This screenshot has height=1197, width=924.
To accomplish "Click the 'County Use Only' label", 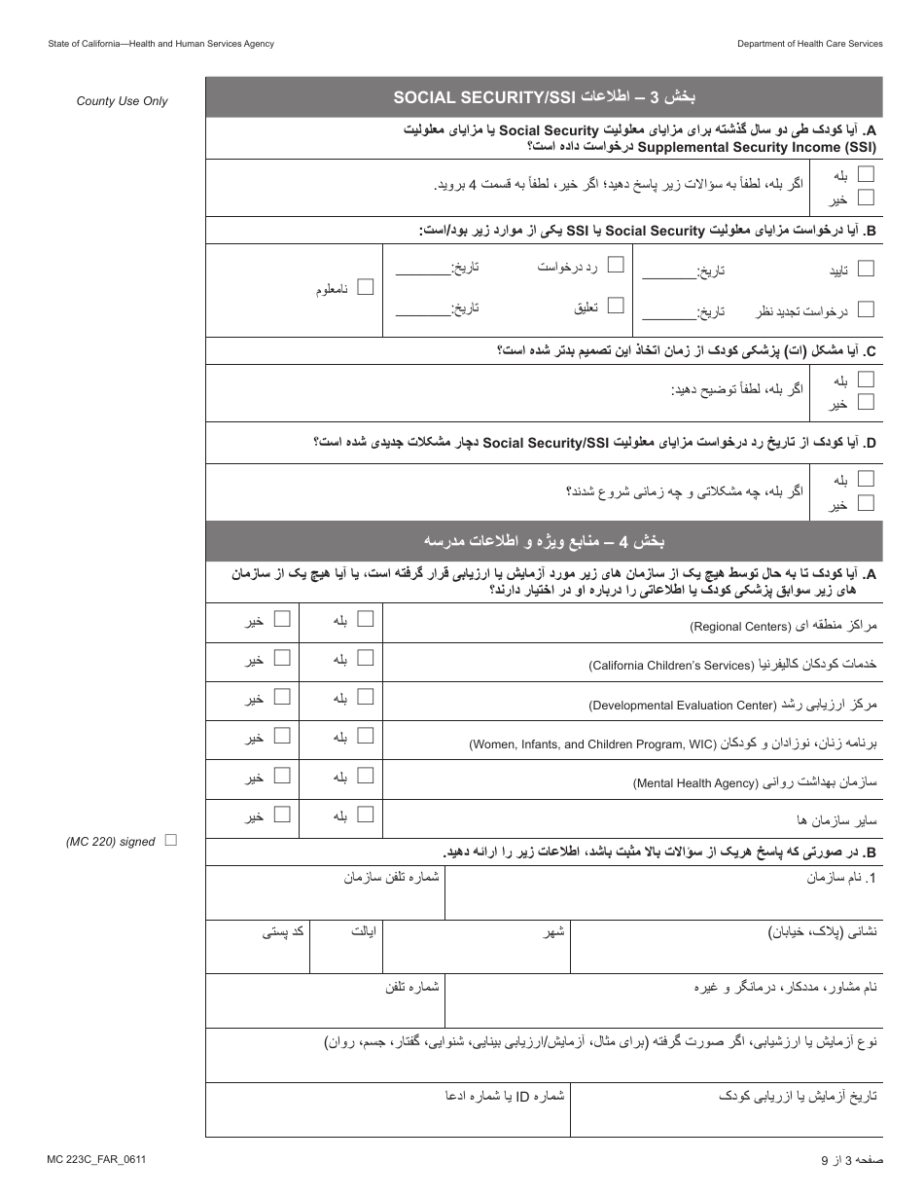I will [122, 101].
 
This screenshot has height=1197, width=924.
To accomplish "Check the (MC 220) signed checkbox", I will [171, 840].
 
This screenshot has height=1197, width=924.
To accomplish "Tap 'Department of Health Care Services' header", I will [809, 44].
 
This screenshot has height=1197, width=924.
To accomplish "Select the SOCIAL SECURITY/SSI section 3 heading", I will [544, 97].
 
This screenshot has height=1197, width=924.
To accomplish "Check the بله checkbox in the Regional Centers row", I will [366, 619].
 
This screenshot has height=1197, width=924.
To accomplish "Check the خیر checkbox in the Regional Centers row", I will [282, 619].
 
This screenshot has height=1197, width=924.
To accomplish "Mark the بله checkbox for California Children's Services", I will [366, 658].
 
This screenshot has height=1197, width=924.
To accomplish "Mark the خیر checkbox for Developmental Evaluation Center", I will [282, 697].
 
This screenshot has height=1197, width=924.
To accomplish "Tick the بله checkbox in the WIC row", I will [366, 737].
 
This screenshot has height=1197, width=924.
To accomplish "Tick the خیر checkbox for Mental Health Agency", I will [282, 776].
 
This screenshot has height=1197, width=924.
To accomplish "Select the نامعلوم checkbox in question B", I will [366, 287].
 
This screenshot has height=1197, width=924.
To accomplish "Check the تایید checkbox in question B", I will [866, 269].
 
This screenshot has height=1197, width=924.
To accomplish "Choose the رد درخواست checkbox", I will [616, 265].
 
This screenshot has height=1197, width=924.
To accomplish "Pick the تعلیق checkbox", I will [616, 306].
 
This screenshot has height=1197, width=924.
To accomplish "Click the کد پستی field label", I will [283, 931].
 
